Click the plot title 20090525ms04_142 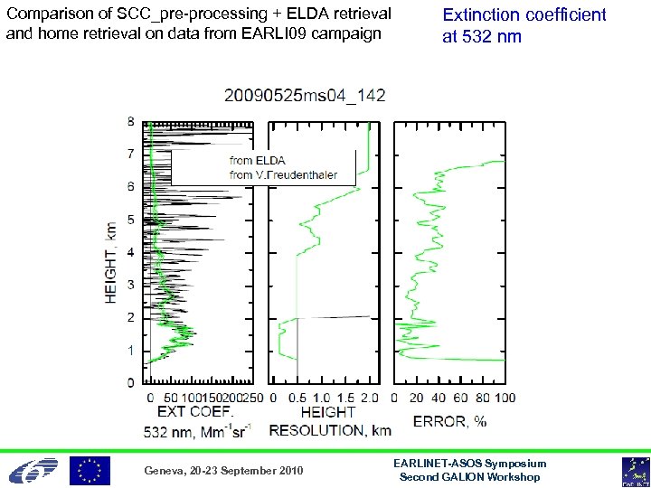coord(306,96)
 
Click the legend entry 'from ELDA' coord(257,161)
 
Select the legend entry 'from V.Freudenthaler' coord(283,174)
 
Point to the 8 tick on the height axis coord(131,121)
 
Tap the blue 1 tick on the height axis coord(131,350)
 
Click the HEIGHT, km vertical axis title coord(111,262)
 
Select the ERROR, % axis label coord(449,420)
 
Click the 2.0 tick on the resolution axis coord(369,398)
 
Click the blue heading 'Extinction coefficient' coord(524,15)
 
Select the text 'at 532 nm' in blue coord(481,37)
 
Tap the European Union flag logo coord(90,470)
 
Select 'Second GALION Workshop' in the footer coord(470,476)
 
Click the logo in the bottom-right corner coord(634,471)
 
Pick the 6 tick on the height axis coord(131,186)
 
